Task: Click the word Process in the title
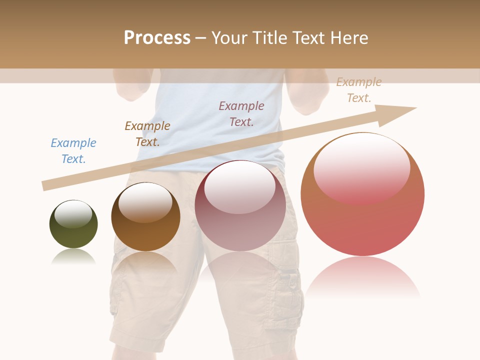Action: coord(157,38)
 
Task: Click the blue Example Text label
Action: coord(73,150)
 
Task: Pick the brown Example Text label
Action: coord(147,133)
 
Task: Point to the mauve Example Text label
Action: coord(241,113)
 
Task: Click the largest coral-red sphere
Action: coord(362,220)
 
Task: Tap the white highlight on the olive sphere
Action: coord(73,214)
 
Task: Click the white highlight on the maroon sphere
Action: coord(240,187)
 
